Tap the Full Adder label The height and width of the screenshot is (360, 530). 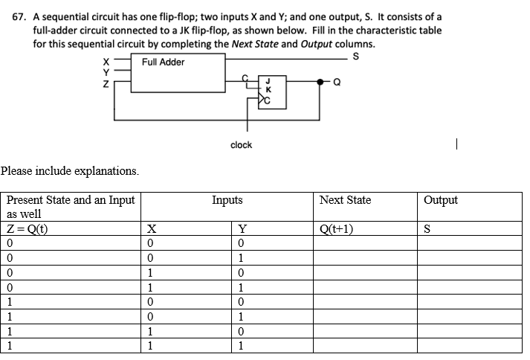coord(163,62)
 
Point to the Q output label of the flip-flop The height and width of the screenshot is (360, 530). coord(337,83)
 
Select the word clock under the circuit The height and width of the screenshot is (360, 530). coord(241,144)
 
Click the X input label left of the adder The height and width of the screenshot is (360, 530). coord(106,62)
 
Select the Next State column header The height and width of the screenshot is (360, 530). coord(345,200)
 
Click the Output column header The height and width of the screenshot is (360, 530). coord(441,200)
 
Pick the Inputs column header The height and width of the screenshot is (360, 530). coord(227,200)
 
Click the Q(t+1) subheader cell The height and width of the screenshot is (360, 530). coord(336,229)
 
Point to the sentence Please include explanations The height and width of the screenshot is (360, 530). coord(70,170)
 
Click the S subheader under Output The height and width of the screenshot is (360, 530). coord(427,229)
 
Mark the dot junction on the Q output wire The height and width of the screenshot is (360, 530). coord(321,82)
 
